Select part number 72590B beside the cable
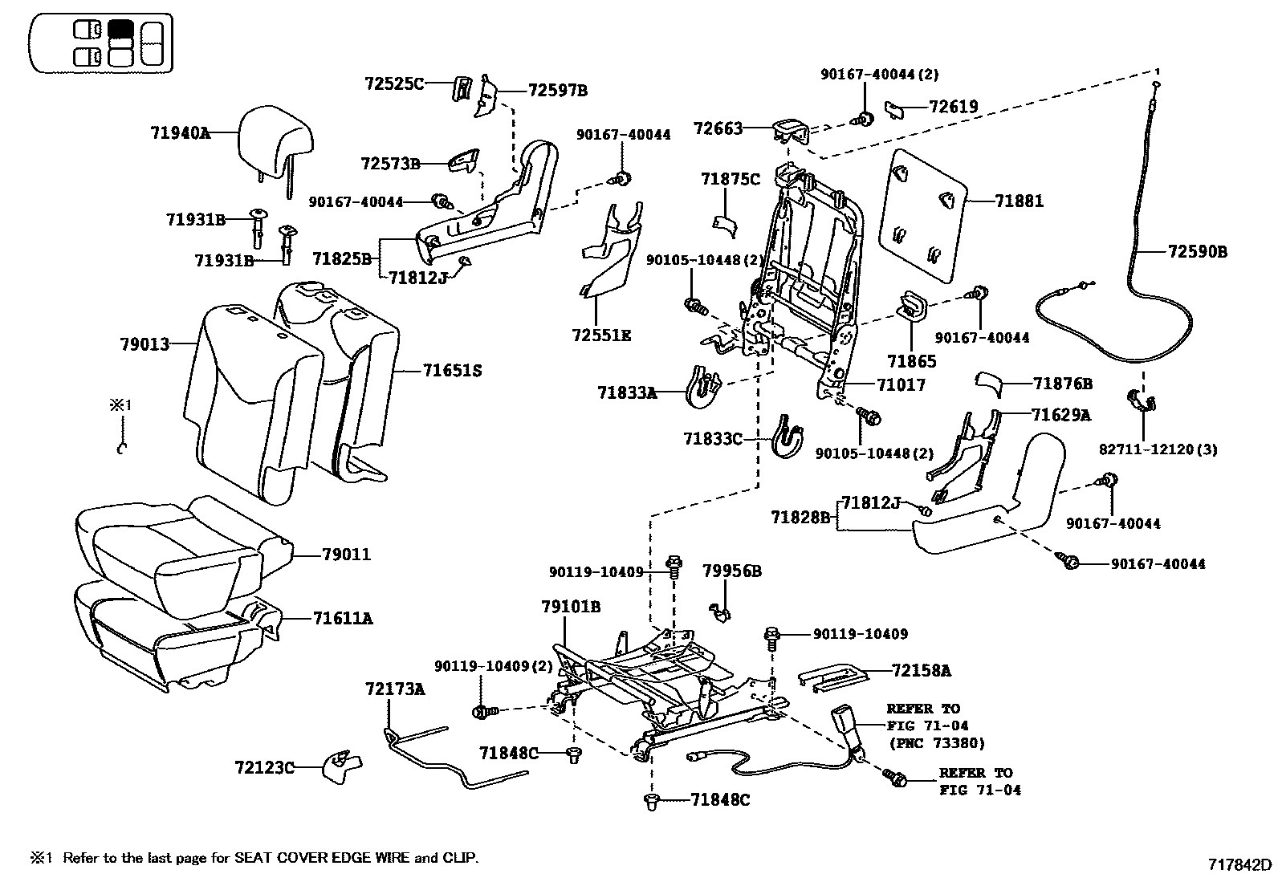click(1197, 252)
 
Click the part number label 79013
click(144, 344)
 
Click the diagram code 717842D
click(1240, 865)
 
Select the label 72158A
click(921, 669)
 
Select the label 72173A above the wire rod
click(395, 689)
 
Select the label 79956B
click(731, 571)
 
